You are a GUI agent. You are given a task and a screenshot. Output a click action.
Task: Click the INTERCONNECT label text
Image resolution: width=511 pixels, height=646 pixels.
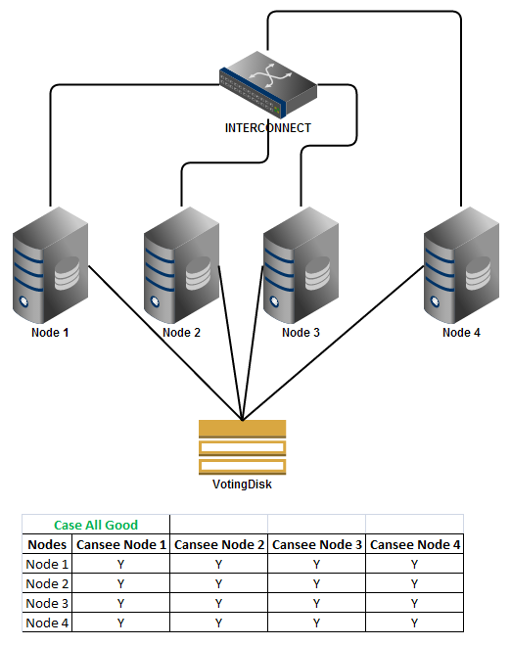pyautogui.click(x=268, y=128)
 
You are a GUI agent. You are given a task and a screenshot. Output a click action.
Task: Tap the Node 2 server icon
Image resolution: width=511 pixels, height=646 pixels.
pyautogui.click(x=182, y=264)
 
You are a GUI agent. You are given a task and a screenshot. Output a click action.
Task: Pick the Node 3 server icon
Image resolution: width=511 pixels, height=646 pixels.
pyautogui.click(x=302, y=264)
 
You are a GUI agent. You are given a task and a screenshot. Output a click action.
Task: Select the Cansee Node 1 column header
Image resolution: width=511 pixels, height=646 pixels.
pyautogui.click(x=121, y=544)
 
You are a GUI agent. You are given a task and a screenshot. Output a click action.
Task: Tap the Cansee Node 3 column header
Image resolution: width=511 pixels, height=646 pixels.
pyautogui.click(x=317, y=544)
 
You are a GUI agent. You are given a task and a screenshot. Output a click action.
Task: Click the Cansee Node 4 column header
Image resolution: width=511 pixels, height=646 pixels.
pyautogui.click(x=414, y=544)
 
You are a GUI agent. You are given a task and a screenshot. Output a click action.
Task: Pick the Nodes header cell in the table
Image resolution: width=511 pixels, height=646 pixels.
pyautogui.click(x=47, y=544)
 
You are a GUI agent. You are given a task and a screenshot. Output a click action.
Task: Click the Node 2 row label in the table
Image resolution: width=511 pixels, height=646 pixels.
pyautogui.click(x=47, y=583)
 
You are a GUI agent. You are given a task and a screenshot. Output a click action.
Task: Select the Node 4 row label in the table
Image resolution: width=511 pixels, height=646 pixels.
pyautogui.click(x=47, y=623)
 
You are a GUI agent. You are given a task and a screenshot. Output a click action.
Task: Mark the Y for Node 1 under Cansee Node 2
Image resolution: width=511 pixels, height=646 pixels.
pyautogui.click(x=219, y=564)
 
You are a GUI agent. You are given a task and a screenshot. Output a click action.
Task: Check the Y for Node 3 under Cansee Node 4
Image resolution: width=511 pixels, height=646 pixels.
pyautogui.click(x=414, y=603)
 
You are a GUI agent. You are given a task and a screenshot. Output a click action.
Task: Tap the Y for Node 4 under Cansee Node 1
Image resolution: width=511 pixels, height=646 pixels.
pyautogui.click(x=121, y=623)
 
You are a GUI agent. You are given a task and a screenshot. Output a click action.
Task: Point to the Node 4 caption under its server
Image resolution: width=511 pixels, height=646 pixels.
pyautogui.click(x=462, y=333)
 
